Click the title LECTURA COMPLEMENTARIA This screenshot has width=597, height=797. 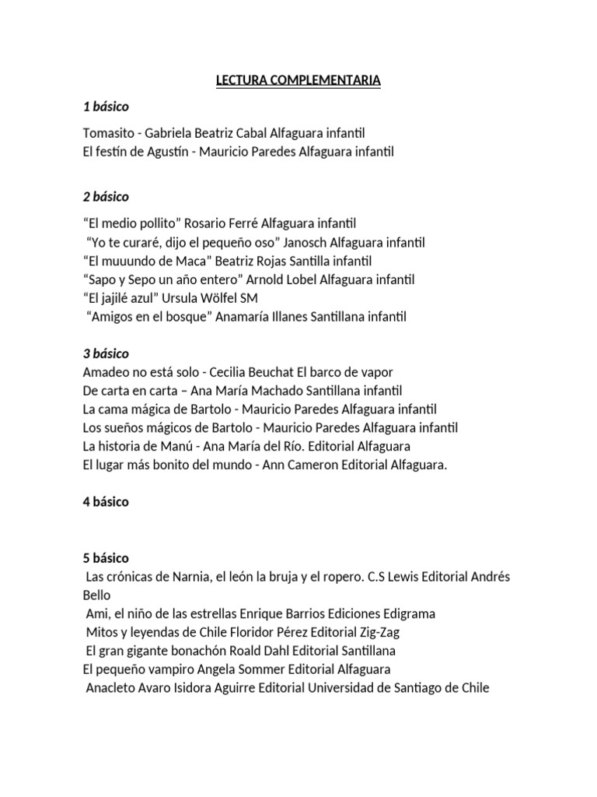tap(298, 80)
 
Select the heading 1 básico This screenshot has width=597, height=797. tap(106, 107)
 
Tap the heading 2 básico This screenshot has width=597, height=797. tap(106, 196)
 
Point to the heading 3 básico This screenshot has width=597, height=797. tap(106, 353)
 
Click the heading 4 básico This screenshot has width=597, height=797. tap(106, 502)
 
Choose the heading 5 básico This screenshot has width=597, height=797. tap(106, 558)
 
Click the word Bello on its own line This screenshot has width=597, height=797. tap(96, 595)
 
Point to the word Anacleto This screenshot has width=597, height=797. tap(112, 688)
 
